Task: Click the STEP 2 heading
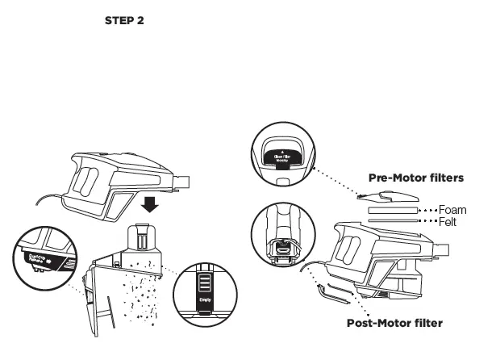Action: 124,20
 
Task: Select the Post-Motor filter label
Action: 394,323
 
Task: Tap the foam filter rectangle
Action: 393,210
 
